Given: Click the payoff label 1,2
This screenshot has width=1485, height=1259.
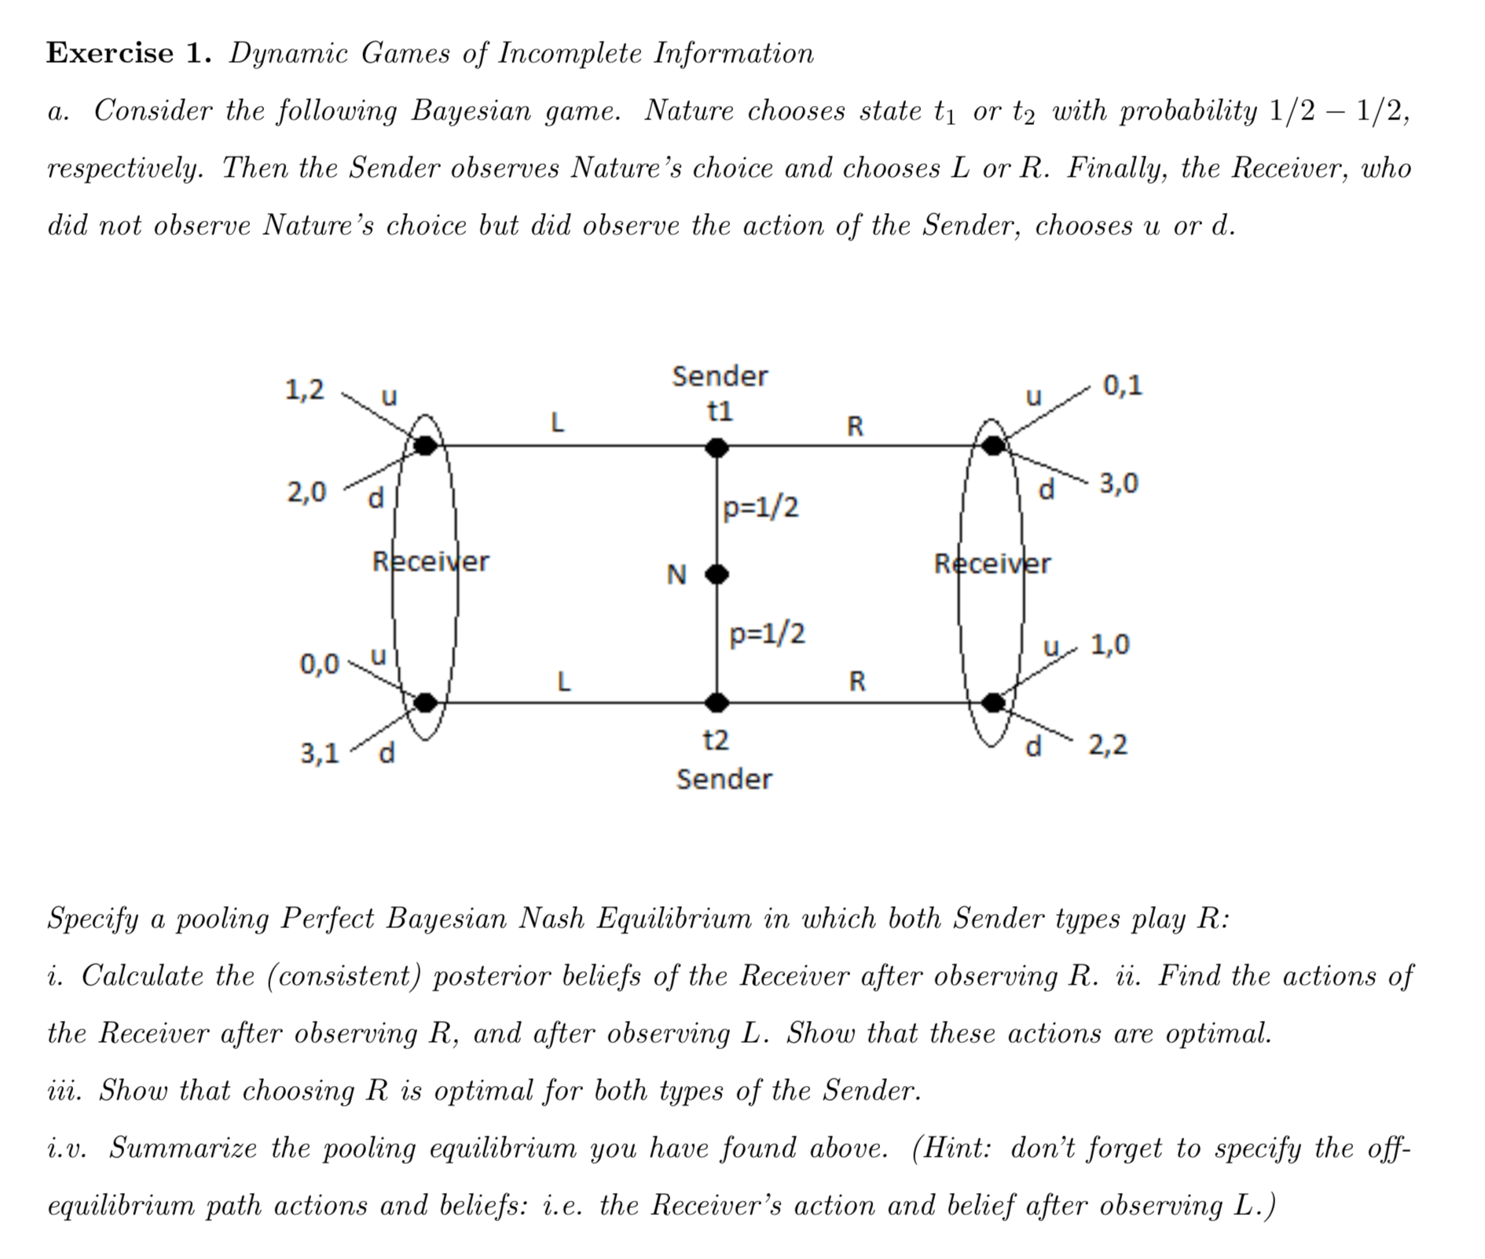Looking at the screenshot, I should pyautogui.click(x=304, y=390).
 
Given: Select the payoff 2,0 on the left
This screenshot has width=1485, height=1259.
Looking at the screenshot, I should pyautogui.click(x=306, y=493).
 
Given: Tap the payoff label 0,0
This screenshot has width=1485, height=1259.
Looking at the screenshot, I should pyautogui.click(x=319, y=664).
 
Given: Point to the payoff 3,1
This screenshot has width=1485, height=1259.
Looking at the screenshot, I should pyautogui.click(x=320, y=754).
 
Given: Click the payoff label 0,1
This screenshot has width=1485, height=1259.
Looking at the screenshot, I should pyautogui.click(x=1123, y=386).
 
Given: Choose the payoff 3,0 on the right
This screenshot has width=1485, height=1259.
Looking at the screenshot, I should pyautogui.click(x=1119, y=483).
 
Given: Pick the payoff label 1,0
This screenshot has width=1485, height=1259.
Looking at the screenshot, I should pyautogui.click(x=1109, y=644).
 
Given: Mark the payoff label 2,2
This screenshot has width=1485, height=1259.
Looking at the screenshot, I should pyautogui.click(x=1108, y=744).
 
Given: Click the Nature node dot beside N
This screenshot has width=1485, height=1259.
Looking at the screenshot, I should pyautogui.click(x=717, y=574).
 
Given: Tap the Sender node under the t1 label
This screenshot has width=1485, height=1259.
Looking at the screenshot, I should pyautogui.click(x=717, y=448).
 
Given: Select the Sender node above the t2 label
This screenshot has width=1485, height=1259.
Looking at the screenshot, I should pyautogui.click(x=717, y=702).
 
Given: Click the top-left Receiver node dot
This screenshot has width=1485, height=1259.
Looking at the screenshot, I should pyautogui.click(x=425, y=446).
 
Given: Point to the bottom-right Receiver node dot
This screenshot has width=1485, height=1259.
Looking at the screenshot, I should pyautogui.click(x=993, y=702).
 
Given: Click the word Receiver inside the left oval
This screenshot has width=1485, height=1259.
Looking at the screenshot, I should pyautogui.click(x=430, y=562).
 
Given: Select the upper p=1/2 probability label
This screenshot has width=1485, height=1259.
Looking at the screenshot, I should pyautogui.click(x=761, y=508).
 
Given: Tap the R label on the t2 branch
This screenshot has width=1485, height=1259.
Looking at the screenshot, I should pyautogui.click(x=857, y=681).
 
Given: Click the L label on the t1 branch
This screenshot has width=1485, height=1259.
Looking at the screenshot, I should pyautogui.click(x=557, y=424).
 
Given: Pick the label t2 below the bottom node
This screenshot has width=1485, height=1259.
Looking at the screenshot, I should pyautogui.click(x=716, y=740).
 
